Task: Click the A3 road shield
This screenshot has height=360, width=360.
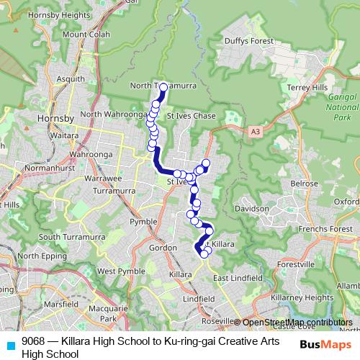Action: click(x=256, y=132)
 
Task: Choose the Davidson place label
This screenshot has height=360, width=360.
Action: click(x=251, y=208)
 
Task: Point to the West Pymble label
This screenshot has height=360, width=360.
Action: click(x=116, y=271)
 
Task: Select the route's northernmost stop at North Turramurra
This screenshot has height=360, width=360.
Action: click(x=163, y=87)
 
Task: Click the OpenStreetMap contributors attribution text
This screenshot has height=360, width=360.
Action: click(x=297, y=323)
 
